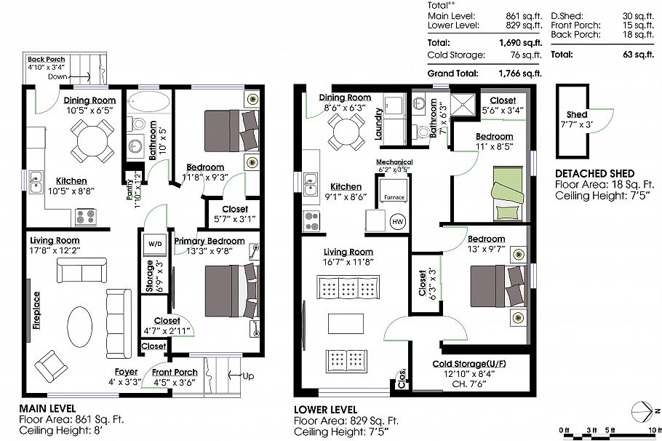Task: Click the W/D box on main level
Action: [x=155, y=243]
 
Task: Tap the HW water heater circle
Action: [x=397, y=221]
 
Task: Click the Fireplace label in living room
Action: [x=36, y=311]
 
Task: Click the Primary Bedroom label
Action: [x=210, y=241]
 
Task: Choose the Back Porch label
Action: [x=47, y=60]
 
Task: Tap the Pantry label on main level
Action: [x=130, y=192]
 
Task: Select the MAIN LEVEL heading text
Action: [x=47, y=408]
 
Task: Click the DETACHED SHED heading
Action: [x=589, y=174]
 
